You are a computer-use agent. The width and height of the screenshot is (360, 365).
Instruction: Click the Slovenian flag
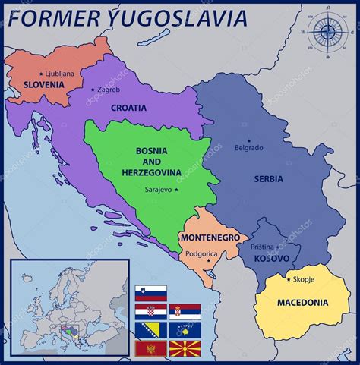coord(150,293)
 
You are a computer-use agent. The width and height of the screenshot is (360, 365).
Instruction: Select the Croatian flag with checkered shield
coord(150,311)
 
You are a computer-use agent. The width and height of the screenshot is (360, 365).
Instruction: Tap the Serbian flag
coord(185,311)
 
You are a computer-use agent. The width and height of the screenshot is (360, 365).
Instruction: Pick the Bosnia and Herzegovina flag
coord(150,330)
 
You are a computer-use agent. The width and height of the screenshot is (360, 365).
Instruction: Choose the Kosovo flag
coord(185,330)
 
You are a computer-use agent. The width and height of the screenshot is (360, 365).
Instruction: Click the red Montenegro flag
coord(150,348)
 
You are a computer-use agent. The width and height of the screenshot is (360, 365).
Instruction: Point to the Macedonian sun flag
coord(185,348)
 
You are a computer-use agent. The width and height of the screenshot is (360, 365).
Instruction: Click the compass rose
coord(327,31)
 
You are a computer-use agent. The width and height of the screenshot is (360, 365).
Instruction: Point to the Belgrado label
coord(249,147)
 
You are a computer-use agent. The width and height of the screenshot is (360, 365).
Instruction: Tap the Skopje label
coord(303,279)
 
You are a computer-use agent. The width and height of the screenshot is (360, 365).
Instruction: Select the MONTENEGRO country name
coord(210,238)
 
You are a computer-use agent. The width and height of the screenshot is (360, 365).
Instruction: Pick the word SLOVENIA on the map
coord(44,85)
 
